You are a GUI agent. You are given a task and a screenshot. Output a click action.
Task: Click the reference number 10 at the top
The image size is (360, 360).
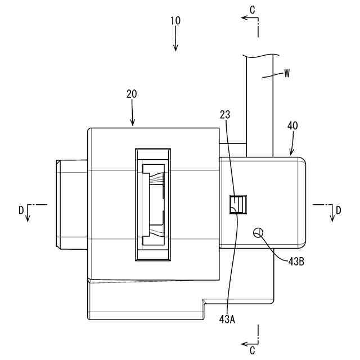pos(175,20)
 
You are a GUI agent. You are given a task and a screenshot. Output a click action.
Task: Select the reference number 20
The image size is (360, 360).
pos(132,94)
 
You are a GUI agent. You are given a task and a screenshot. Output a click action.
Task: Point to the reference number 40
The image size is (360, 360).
pos(292,127)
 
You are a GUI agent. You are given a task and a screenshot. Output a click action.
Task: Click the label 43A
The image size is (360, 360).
pos(227,319)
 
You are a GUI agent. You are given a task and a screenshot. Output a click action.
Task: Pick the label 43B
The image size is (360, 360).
pos(296,262)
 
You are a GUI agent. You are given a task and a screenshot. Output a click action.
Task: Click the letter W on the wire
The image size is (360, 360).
pos(287,73)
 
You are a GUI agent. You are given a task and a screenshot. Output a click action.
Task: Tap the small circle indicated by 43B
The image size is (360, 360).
pos(259,232)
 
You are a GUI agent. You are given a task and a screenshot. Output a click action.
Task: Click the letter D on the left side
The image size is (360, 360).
pos(21,210)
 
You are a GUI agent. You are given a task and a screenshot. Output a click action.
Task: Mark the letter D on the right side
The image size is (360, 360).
pos(339,210)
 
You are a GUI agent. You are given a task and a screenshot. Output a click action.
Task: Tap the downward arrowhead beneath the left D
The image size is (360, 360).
pos(28,219)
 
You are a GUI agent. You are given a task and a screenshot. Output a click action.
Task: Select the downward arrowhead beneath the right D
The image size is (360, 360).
pos(332,219)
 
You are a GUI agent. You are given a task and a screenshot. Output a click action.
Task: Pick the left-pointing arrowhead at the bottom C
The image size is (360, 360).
pos(244,343)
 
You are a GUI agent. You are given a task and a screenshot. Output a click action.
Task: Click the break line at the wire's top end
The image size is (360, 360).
pos(262,55)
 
